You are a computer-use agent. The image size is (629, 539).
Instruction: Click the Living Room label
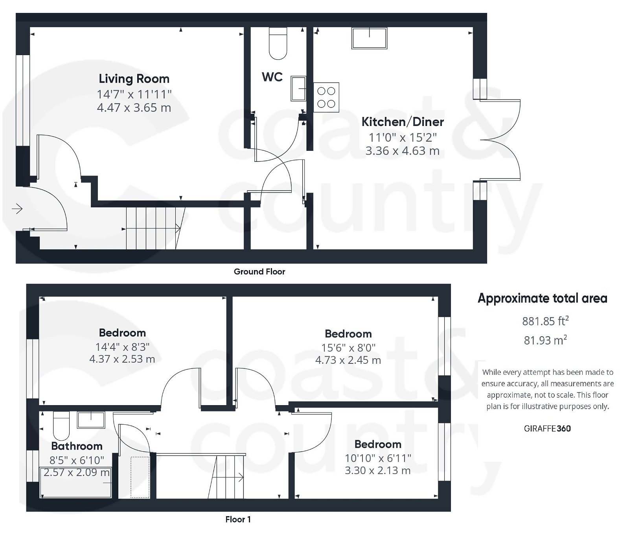click(134, 79)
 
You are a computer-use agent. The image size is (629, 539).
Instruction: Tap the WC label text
click(272, 77)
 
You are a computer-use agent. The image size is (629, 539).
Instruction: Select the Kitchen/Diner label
click(403, 122)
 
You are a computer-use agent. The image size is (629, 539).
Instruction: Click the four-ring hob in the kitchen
click(326, 97)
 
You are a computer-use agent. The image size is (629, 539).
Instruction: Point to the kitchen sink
click(369, 38)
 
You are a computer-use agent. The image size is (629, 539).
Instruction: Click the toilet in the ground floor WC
click(278, 44)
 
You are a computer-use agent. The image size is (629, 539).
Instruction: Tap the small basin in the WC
click(298, 89)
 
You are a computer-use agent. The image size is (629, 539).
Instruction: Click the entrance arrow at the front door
click(17, 209)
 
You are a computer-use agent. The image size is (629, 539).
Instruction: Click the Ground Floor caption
click(259, 272)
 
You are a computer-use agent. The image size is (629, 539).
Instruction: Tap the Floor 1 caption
click(238, 519)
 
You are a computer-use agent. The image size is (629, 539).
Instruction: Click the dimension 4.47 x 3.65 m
click(134, 107)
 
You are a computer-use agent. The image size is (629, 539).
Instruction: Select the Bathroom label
click(77, 446)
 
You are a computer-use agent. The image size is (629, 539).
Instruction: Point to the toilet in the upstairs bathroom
click(61, 426)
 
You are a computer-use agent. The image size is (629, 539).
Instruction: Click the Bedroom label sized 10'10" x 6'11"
click(378, 444)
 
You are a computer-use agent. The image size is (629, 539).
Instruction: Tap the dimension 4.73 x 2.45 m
click(348, 360)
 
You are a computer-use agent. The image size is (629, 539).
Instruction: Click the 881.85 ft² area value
click(545, 321)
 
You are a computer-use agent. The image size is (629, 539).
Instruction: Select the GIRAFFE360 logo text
click(547, 428)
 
